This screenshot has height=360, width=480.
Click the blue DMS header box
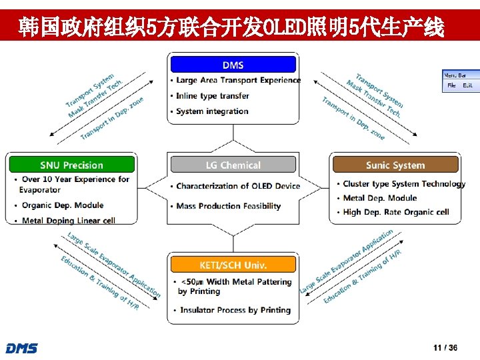[x=233, y=65]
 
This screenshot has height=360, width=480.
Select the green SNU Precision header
[x=71, y=165]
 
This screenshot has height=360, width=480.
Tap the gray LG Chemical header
[x=233, y=165]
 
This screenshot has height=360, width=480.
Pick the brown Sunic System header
[x=395, y=165]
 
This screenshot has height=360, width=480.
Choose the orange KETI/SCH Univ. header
[x=233, y=265]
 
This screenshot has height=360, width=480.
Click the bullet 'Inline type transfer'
[x=212, y=96]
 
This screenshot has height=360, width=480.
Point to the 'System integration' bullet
[x=212, y=111]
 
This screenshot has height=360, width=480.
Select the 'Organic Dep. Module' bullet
[x=62, y=205]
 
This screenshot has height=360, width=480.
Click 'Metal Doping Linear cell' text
[x=68, y=220]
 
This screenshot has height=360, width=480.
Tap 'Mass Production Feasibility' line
[x=228, y=206]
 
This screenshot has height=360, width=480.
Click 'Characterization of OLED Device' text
[x=238, y=186]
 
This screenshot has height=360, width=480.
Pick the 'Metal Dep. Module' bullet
[x=379, y=198]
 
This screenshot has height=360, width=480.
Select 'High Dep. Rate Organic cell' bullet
[x=395, y=212]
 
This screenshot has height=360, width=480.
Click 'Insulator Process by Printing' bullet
[x=235, y=310]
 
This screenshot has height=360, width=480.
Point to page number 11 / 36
[x=445, y=348]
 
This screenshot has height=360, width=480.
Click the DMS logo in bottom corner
[x=21, y=349]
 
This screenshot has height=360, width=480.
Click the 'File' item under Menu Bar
[x=451, y=85]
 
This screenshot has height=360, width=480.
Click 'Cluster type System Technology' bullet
[x=404, y=184]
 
